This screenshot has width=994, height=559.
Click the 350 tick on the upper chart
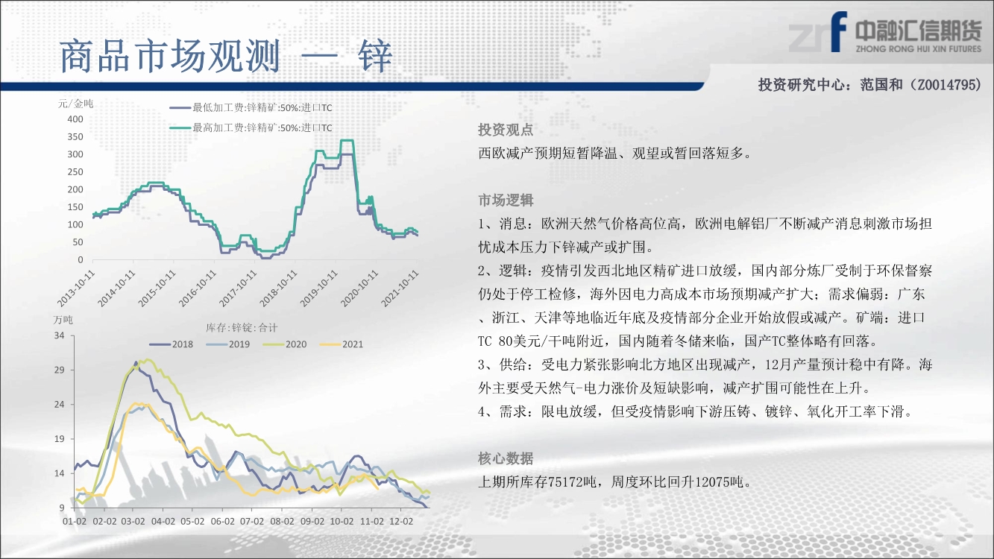tap(75, 136)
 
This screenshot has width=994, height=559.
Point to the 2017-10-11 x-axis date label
tap(239, 288)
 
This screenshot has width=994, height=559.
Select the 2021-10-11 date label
tap(400, 288)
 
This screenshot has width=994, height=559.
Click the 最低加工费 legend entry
tap(251, 108)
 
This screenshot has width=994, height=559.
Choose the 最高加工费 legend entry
tap(251, 127)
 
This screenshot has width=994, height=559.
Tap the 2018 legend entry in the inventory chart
tap(172, 344)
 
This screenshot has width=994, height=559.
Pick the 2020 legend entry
tap(285, 344)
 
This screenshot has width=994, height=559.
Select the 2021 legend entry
tap(342, 344)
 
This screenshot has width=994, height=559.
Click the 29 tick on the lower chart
tap(59, 370)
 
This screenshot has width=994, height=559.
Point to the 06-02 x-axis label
tap(222, 521)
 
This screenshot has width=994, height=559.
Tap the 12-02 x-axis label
tap(401, 521)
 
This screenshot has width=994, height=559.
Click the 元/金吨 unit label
tap(75, 104)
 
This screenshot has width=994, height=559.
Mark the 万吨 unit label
tap(63, 320)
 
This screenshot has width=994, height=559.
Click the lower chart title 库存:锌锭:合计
tap(242, 328)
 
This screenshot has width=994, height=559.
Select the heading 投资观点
tap(506, 130)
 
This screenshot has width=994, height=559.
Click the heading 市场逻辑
tap(506, 200)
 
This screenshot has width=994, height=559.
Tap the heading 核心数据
tap(506, 458)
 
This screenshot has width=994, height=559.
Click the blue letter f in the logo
tap(838, 31)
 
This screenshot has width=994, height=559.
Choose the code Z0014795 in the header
tap(946, 84)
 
